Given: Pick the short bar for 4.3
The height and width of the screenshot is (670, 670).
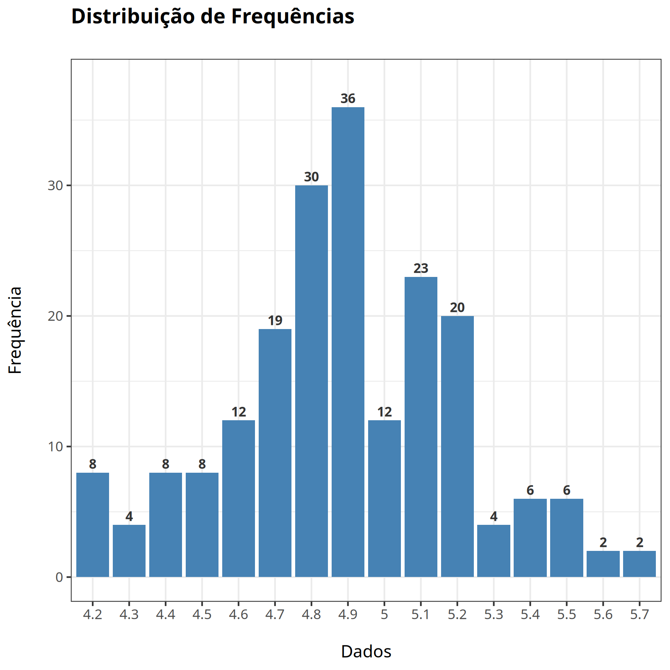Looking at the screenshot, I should point(129,551).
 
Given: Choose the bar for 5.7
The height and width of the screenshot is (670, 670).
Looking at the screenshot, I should point(639,564).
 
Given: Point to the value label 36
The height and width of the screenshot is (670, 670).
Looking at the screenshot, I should point(348,99).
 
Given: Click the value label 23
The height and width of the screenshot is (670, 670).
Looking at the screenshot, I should point(421,268).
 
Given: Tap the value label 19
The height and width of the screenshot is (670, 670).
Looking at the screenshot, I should point(275,320).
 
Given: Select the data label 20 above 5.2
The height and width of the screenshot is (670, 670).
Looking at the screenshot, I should point(457,307).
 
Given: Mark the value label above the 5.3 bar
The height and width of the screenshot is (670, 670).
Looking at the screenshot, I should point(494,516).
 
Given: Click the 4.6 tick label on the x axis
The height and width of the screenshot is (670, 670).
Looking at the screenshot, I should point(238,615).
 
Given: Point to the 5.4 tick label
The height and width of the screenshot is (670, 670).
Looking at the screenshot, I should point(530,615).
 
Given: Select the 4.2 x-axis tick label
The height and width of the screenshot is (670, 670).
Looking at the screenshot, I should point(92,615).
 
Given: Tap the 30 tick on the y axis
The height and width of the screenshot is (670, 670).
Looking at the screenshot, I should point(55,185).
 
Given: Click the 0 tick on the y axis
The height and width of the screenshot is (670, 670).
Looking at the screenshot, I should point(59,577).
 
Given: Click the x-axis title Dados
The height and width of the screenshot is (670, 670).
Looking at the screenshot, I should point(366,652).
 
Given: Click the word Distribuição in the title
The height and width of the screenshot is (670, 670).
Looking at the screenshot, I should point(133,16).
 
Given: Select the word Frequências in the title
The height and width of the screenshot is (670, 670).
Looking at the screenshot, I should point(293,16).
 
